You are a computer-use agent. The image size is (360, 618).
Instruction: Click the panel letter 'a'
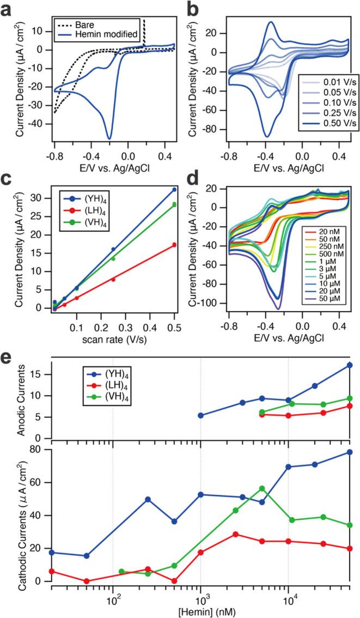(x=7, y=11)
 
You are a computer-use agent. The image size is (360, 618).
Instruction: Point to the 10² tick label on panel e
(x=113, y=599)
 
